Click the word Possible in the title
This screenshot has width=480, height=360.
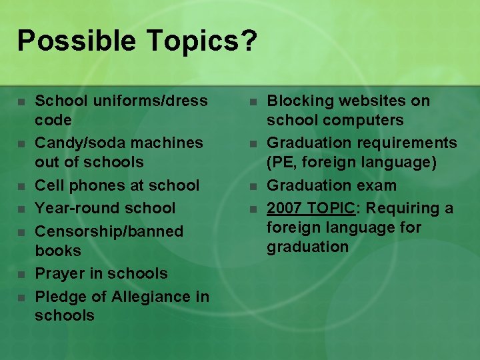coord(75,41)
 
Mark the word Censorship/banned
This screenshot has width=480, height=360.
coord(109,231)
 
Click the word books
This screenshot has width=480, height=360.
coord(58,251)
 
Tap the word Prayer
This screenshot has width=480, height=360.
coord(60,273)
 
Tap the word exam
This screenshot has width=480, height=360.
coord(376,185)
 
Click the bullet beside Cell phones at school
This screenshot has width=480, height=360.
coord(21,186)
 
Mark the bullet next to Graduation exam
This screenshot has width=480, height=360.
coord(253,186)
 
